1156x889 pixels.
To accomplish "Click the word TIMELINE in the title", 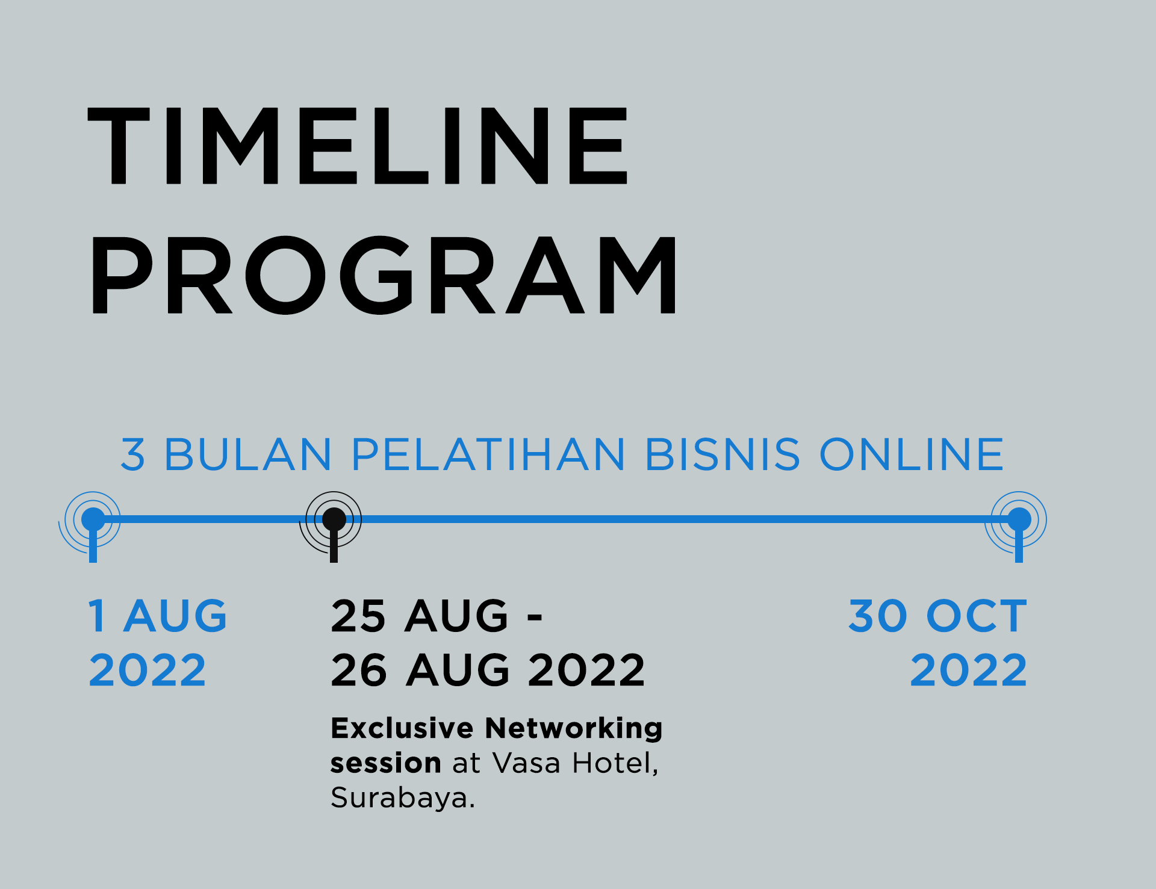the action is pyautogui.click(x=358, y=146).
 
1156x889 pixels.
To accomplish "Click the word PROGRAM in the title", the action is pyautogui.click(x=384, y=275).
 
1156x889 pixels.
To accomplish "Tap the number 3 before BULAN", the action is pyautogui.click(x=133, y=454).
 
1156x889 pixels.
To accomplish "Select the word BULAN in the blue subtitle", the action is pyautogui.click(x=247, y=454).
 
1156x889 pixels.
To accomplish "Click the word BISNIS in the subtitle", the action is pyautogui.click(x=722, y=454).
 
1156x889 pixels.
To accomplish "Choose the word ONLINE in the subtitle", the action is pyautogui.click(x=912, y=454).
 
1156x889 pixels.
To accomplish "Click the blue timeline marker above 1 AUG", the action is pyautogui.click(x=93, y=519).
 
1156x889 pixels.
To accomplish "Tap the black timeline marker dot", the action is pyautogui.click(x=334, y=519).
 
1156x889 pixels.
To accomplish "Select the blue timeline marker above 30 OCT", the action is pyautogui.click(x=1019, y=519).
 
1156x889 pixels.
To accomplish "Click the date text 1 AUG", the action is pyautogui.click(x=158, y=616).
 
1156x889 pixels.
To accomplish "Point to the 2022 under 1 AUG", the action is pyautogui.click(x=148, y=670).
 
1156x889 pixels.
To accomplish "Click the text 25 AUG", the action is pyautogui.click(x=420, y=616).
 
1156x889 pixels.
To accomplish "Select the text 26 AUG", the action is pyautogui.click(x=420, y=670).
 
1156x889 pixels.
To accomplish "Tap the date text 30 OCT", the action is pyautogui.click(x=937, y=616).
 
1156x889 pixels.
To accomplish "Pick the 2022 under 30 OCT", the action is pyautogui.click(x=969, y=670).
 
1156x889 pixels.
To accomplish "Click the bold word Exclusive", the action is pyautogui.click(x=402, y=728).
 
